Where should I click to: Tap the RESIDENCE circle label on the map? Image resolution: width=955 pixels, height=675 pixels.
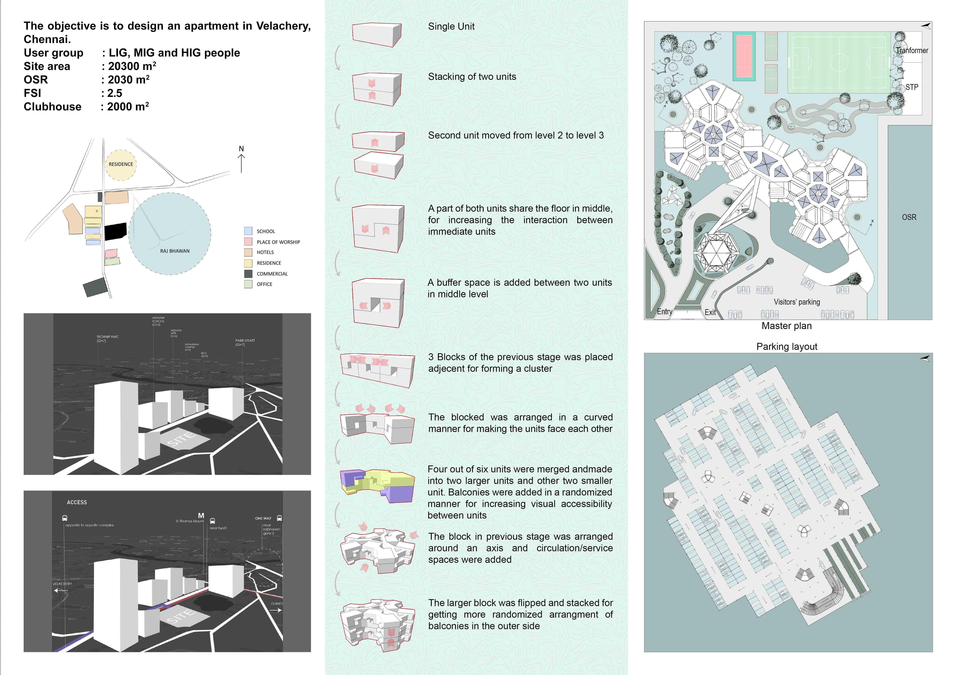pos(121,164)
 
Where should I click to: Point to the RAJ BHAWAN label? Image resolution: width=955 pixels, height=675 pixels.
pos(175,251)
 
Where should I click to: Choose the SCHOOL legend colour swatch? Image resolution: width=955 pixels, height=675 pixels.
pos(248,231)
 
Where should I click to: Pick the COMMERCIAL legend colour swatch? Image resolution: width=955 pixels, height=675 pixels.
pos(248,274)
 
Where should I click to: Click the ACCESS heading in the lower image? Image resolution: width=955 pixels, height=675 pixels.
pos(77,502)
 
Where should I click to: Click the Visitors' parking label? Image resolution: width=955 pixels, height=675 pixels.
pos(797,302)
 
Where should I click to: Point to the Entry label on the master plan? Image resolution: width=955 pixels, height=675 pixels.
pos(664,312)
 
